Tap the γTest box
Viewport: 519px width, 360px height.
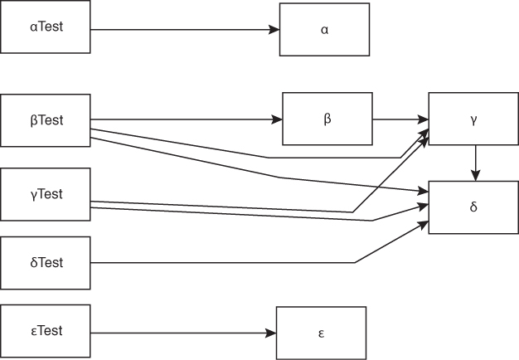pyautogui.click(x=46, y=195)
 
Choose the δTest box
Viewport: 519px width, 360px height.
pyautogui.click(x=46, y=263)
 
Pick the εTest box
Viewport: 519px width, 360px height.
pyautogui.click(x=46, y=332)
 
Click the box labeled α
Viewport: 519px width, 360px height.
pyautogui.click(x=324, y=30)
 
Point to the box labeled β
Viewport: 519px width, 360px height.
pyautogui.click(x=327, y=119)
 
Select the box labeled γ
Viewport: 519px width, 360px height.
pyautogui.click(x=473, y=120)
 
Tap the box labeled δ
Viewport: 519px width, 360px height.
pyautogui.click(x=473, y=207)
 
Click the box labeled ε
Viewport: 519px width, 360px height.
pyautogui.click(x=321, y=333)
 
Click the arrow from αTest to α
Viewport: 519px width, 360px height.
pyautogui.click(x=182, y=30)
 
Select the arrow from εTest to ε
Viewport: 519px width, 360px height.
pyautogui.click(x=182, y=333)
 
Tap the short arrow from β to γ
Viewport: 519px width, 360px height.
pyautogui.click(x=400, y=119)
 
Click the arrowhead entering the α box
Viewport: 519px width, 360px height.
pyautogui.click(x=274, y=30)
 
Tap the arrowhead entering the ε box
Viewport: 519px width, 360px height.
pyautogui.click(x=271, y=333)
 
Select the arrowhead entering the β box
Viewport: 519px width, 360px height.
pyautogui.click(x=278, y=119)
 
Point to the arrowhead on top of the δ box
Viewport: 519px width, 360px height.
pyautogui.click(x=474, y=177)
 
